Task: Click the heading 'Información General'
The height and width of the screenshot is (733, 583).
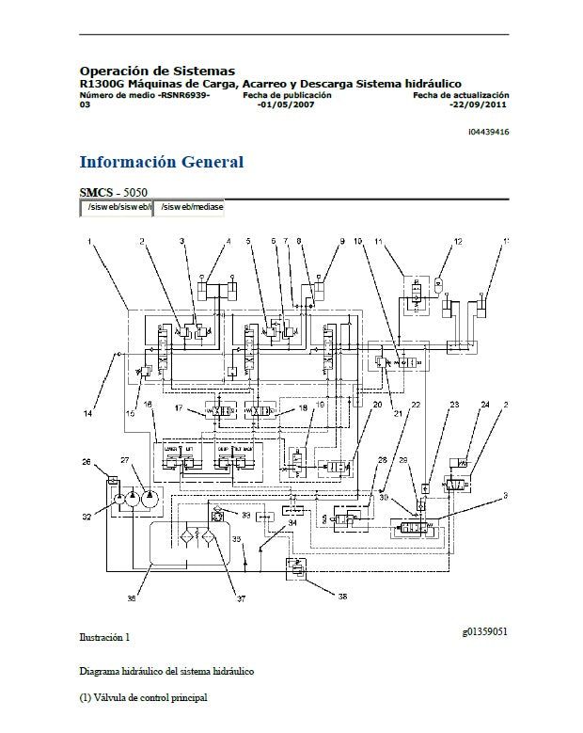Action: click(x=161, y=162)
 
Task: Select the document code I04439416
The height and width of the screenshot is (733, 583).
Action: click(x=488, y=132)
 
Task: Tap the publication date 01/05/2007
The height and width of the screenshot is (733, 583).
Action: click(x=286, y=104)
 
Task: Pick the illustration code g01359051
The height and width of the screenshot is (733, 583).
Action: click(x=484, y=631)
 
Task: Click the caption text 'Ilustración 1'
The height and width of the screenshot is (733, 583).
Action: click(x=104, y=638)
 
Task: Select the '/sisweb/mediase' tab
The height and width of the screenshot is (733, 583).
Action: click(x=190, y=206)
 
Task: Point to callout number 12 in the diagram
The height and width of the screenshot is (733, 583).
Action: click(x=458, y=243)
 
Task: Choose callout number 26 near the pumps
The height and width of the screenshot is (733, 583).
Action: click(x=87, y=463)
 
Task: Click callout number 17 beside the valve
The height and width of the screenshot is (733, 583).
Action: click(x=179, y=407)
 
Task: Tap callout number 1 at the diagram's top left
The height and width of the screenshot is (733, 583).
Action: click(x=90, y=243)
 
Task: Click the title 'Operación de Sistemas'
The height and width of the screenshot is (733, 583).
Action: click(x=157, y=71)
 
